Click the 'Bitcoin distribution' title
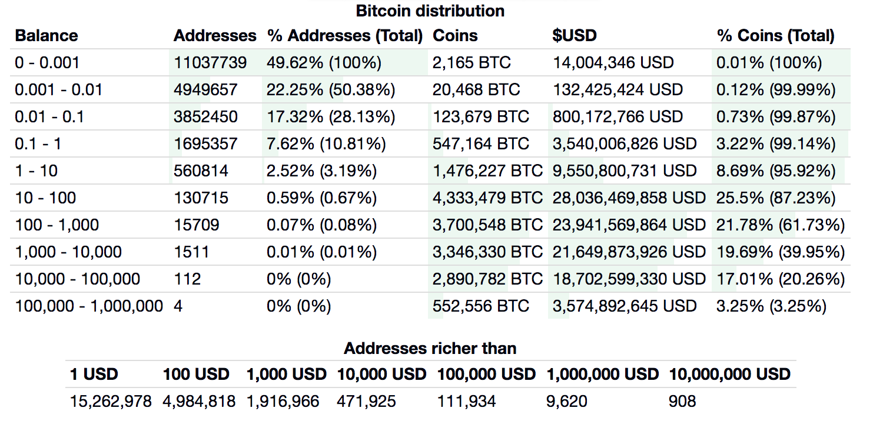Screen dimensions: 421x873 coord(430,11)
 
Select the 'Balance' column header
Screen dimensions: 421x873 coord(47,36)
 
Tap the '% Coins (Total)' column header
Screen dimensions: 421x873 coord(775,36)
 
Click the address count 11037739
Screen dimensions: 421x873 coord(210,63)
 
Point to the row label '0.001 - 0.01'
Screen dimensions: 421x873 coord(59,90)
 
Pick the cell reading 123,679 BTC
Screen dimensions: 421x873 coord(481,117)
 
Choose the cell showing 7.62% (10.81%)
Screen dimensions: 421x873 coord(326,144)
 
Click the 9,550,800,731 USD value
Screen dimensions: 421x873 coord(625,171)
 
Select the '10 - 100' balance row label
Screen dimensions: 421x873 coord(45,198)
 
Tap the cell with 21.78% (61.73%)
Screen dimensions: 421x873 coord(781,225)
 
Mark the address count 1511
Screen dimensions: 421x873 coord(191,252)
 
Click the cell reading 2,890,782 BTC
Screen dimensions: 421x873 coord(487,279)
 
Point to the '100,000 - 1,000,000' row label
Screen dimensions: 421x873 coord(89,306)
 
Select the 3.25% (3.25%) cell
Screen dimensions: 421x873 coord(771,306)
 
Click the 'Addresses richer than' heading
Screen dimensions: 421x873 coord(430,349)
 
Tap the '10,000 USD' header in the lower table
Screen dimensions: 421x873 coord(381,374)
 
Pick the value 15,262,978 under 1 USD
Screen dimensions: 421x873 coord(111,402)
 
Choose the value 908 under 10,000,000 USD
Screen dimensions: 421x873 coord(682,402)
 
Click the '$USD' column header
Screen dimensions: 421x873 coord(575,36)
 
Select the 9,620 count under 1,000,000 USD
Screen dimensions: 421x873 coord(567,402)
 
